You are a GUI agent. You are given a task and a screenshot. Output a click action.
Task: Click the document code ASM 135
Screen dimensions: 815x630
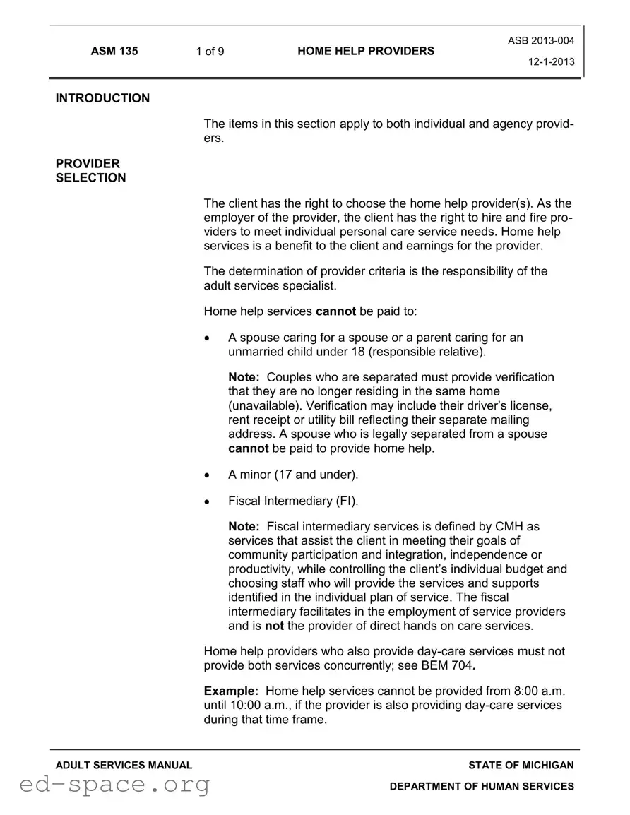(114, 51)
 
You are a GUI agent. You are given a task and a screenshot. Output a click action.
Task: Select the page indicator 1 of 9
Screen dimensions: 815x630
(210, 51)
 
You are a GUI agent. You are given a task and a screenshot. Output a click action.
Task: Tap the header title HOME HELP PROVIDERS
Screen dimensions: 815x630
(366, 51)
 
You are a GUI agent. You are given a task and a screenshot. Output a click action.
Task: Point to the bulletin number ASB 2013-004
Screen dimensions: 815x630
(541, 41)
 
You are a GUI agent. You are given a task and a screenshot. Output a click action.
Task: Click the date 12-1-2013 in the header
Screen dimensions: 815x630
(552, 61)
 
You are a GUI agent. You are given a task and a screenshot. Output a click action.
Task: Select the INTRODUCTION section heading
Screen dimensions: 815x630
(102, 98)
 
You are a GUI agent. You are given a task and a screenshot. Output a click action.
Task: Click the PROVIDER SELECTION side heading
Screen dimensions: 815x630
(90, 171)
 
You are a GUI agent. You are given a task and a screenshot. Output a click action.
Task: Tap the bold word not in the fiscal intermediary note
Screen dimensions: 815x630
(274, 626)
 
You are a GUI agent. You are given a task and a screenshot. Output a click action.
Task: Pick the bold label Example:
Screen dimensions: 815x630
(231, 691)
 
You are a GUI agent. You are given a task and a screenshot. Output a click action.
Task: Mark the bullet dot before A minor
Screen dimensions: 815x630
(207, 475)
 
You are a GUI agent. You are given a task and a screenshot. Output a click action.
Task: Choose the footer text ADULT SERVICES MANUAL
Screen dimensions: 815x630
(124, 765)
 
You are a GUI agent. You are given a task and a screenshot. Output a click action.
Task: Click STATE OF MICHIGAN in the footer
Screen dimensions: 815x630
(521, 765)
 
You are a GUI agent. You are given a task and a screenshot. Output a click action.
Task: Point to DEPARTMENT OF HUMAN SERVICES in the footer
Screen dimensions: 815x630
(482, 786)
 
